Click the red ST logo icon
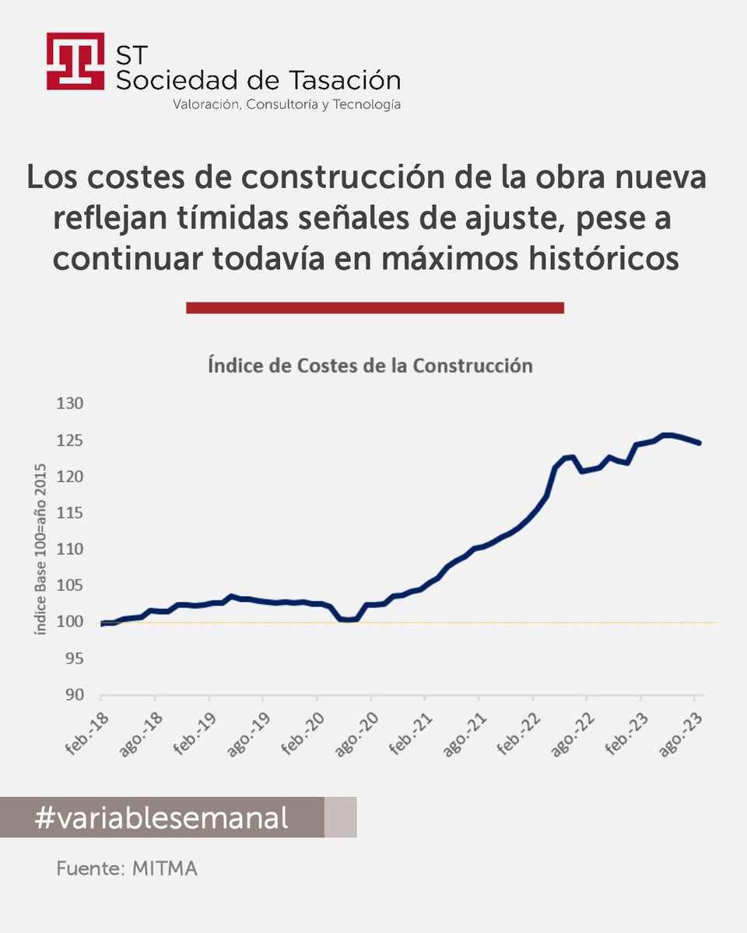(75, 61)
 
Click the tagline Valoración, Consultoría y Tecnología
(286, 104)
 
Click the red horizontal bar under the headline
(374, 308)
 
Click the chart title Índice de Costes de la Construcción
(370, 365)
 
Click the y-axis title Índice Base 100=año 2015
(40, 549)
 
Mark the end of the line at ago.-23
(700, 443)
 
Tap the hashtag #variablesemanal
(162, 817)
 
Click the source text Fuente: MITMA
(127, 868)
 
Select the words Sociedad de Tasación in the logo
(258, 80)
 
